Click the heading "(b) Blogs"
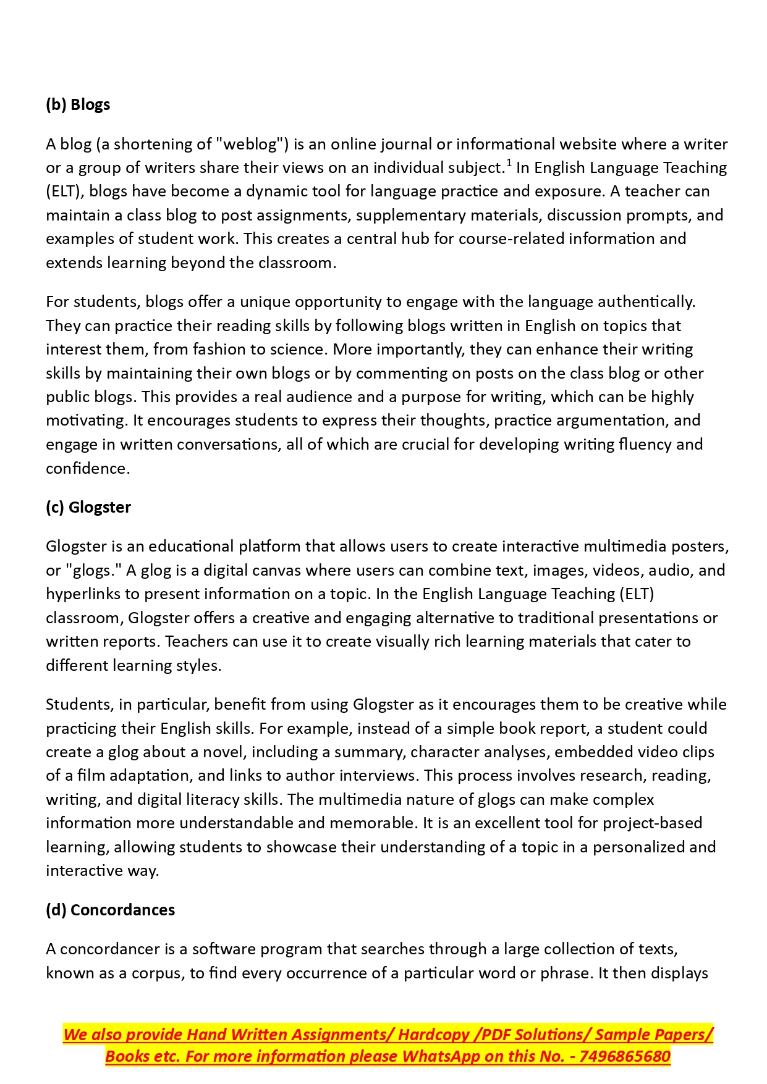coord(78,104)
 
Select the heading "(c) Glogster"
coord(88,507)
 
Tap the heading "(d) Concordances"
coord(110,910)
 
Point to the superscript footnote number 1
coord(509,163)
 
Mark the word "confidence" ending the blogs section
coord(87,468)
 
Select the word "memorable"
coord(373,823)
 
